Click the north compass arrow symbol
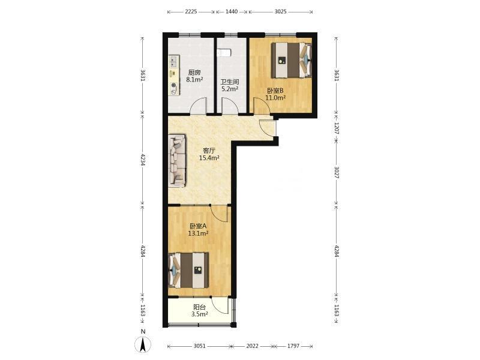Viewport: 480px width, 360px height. coord(143,344)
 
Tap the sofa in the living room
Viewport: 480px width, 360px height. coord(177,161)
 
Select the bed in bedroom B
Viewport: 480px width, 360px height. coord(292,60)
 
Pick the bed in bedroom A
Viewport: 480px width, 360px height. coord(188,270)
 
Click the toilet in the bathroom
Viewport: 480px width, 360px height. coord(223,53)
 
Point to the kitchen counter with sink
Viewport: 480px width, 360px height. coord(174,75)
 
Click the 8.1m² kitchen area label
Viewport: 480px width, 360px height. coord(194,80)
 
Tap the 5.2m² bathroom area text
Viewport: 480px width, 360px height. coord(230,89)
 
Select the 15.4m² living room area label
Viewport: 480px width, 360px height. coord(209,158)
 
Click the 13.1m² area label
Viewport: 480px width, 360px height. coord(199,233)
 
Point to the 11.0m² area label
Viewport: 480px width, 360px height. coord(275,98)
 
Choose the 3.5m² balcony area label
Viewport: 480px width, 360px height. coord(200,314)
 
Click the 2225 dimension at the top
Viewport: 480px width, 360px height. coord(191,11)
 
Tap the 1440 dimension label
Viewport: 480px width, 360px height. coord(232,11)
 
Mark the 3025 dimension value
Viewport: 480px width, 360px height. coord(280,11)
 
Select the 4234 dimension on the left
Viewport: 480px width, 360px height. coord(142,160)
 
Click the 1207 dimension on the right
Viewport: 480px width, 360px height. coord(336,128)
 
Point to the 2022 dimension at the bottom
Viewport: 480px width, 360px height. coord(252,346)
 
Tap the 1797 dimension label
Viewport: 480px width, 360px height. coord(293,346)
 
